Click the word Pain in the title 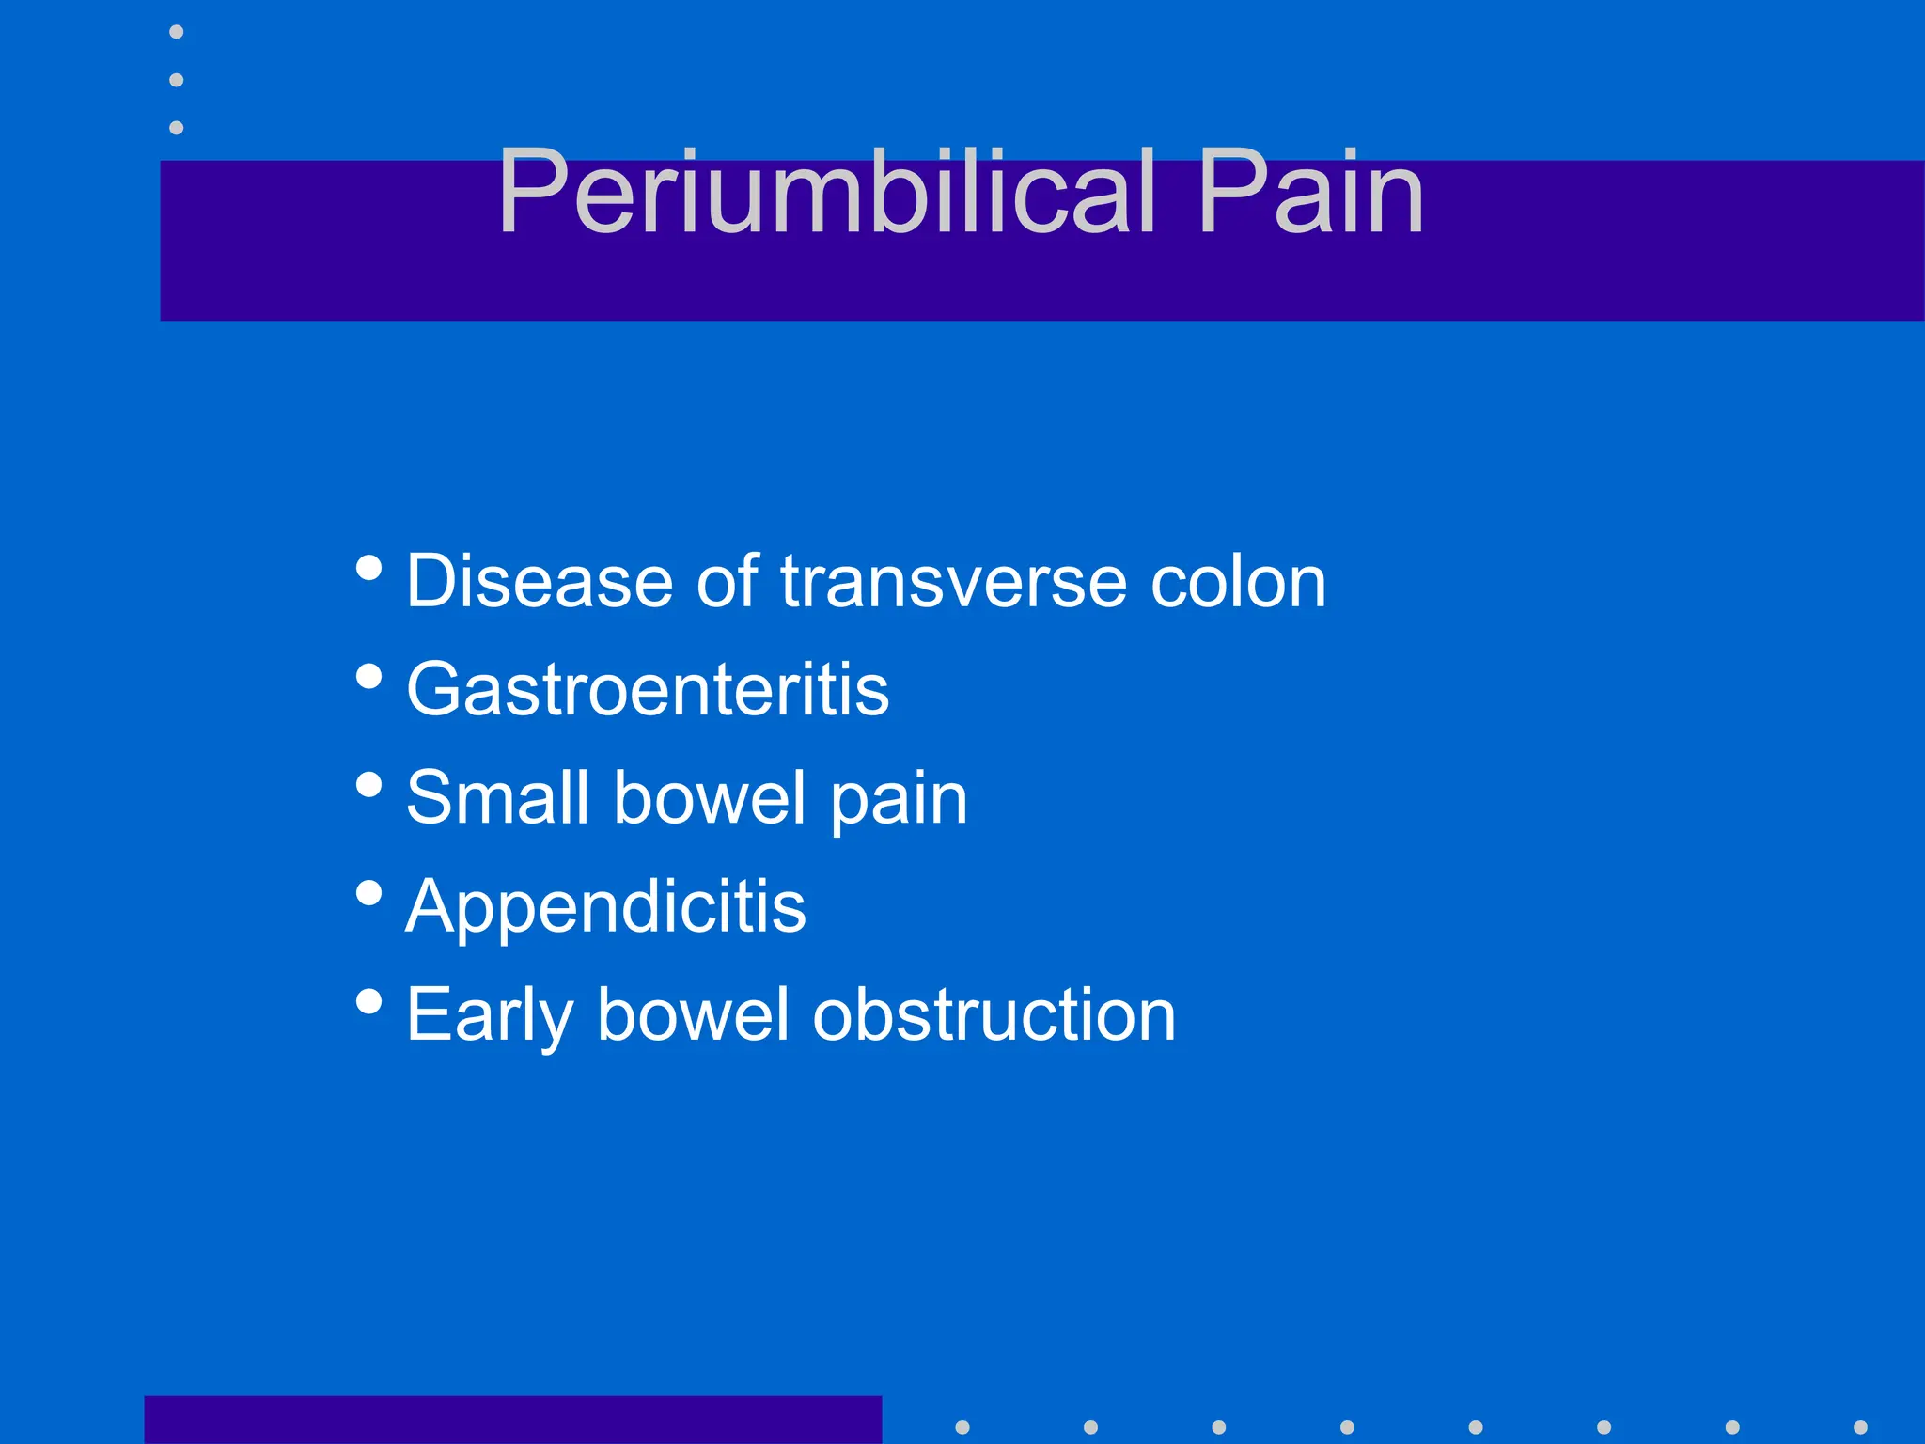coord(1310,192)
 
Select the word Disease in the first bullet coord(540,581)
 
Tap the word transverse coord(953,581)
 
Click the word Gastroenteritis coord(648,689)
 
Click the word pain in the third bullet coord(899,799)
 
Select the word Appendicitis coord(606,906)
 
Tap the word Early coord(489,1015)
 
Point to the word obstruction coord(994,1015)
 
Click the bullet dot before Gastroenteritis coord(369,677)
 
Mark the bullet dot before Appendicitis coord(369,893)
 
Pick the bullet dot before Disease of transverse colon coord(369,568)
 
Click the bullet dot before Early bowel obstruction coord(369,1001)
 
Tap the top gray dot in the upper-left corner coord(176,32)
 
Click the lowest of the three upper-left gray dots coord(176,127)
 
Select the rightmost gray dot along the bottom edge coord(1860,1427)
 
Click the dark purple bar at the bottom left coord(512,1420)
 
